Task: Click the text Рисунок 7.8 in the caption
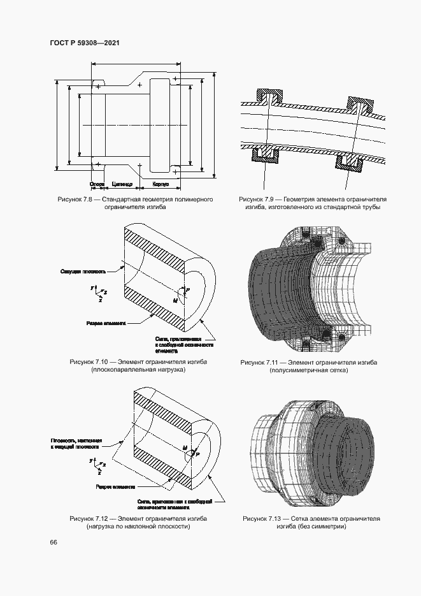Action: (x=75, y=200)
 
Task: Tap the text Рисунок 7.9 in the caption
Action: (x=256, y=200)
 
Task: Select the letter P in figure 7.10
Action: (x=187, y=289)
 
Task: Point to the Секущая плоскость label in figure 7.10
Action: (x=79, y=270)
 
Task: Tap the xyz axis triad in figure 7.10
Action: (x=97, y=291)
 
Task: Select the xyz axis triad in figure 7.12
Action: (x=97, y=463)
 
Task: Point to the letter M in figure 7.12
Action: (x=185, y=448)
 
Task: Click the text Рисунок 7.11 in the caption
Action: (x=258, y=362)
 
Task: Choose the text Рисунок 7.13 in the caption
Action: (x=260, y=519)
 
